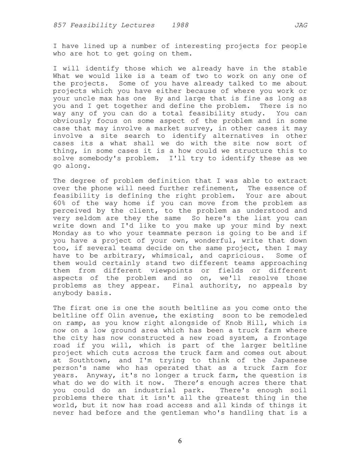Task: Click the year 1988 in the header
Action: [180, 25]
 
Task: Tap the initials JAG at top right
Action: [301, 25]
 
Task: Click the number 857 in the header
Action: [59, 25]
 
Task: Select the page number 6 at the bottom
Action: [180, 441]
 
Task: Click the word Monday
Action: [66, 233]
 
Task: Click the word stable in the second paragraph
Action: [294, 69]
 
